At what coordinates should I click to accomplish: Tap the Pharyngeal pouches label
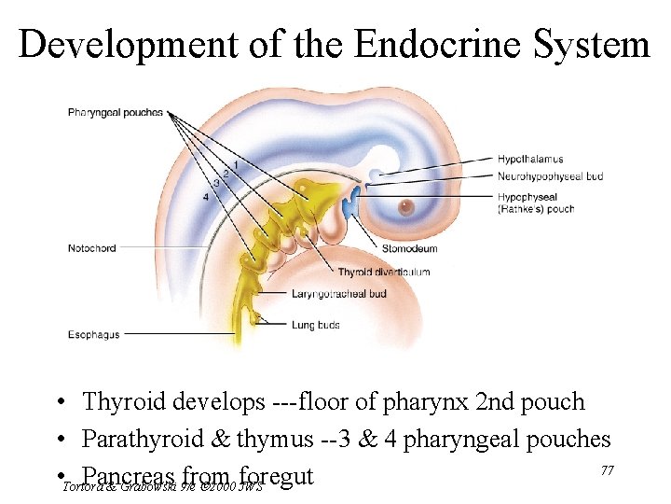pos(116,113)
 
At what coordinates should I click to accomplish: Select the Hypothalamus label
pos(530,159)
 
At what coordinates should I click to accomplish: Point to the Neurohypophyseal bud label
pos(550,175)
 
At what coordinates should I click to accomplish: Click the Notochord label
pos(91,248)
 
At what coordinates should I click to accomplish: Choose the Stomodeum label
pos(409,249)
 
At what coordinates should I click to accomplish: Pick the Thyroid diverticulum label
pos(384,272)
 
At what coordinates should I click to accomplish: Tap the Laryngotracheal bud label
pos(338,294)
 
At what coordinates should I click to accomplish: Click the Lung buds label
pos(316,325)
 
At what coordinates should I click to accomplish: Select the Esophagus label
pos(93,334)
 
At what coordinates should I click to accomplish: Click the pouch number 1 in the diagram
pos(236,164)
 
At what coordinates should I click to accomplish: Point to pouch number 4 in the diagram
pos(205,197)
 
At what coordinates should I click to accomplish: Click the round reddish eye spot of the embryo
pos(405,206)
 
